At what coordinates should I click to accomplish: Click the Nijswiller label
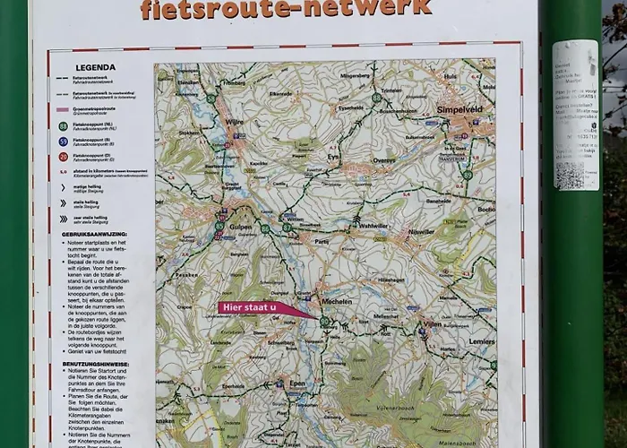[x=420, y=231]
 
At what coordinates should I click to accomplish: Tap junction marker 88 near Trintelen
[x=377, y=97]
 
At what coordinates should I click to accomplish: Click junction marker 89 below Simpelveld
[x=468, y=175]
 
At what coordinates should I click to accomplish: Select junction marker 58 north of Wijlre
[x=211, y=99]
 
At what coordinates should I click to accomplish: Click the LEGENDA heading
[x=95, y=67]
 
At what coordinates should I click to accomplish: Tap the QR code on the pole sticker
[x=570, y=174]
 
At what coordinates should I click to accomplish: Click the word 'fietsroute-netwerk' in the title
[x=286, y=9]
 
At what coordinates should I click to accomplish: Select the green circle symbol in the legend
[x=64, y=127]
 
